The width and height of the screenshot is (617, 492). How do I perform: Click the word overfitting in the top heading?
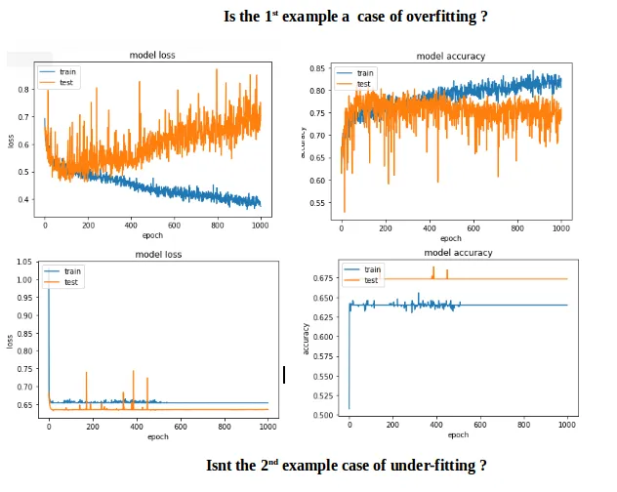point(430,18)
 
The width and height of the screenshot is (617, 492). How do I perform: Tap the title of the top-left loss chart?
point(154,56)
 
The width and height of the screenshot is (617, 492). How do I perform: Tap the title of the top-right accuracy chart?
point(450,57)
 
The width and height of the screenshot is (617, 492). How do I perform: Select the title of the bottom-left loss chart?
point(157,255)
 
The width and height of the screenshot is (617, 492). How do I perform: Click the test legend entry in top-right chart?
point(363,84)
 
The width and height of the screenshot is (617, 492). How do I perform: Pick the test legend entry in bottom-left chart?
point(71,281)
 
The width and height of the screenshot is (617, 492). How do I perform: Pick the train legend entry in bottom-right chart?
point(372,269)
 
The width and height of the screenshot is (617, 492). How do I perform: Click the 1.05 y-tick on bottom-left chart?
point(24,263)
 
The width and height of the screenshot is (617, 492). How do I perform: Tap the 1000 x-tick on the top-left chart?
point(260,225)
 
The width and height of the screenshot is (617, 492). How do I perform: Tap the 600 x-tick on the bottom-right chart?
point(480,425)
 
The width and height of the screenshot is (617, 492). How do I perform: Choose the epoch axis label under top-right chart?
point(450,238)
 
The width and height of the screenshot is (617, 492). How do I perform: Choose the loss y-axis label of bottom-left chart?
point(10,343)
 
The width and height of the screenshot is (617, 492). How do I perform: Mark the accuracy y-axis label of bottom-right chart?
point(307,339)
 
